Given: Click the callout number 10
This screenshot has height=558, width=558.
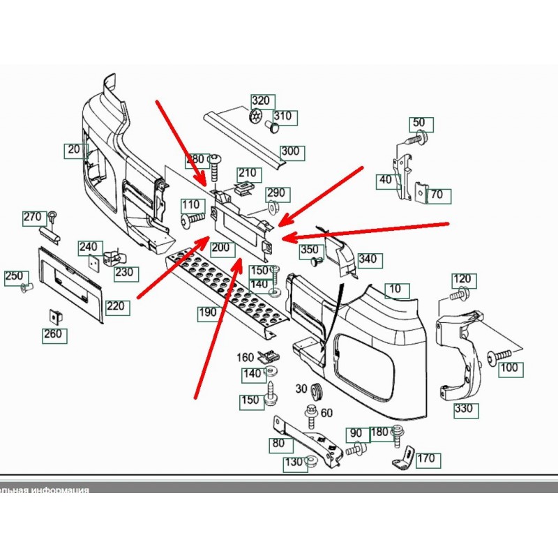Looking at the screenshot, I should tap(395, 288).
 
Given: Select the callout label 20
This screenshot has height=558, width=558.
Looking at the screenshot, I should tap(74, 149).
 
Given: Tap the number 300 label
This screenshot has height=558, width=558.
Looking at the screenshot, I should tap(289, 151).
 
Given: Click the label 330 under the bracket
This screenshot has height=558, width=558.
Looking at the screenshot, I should tap(463, 408).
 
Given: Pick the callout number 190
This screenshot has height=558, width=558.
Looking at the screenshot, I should tap(207, 312).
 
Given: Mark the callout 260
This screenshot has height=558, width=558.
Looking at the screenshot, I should tap(54, 334).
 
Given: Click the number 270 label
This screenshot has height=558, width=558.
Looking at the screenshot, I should tap(33, 218).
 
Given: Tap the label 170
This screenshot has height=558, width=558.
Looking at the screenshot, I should tap(425, 458).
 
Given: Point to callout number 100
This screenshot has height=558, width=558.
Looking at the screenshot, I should tap(509, 367).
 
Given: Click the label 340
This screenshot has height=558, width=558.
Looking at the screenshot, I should tap(368, 259).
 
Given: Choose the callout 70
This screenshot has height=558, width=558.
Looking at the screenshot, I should tap(437, 195).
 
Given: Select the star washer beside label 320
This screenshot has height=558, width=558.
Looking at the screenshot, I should tap(257, 117).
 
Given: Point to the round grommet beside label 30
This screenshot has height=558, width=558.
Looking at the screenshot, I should tap(319, 391).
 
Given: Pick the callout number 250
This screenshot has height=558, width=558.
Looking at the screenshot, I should tap(15, 276).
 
